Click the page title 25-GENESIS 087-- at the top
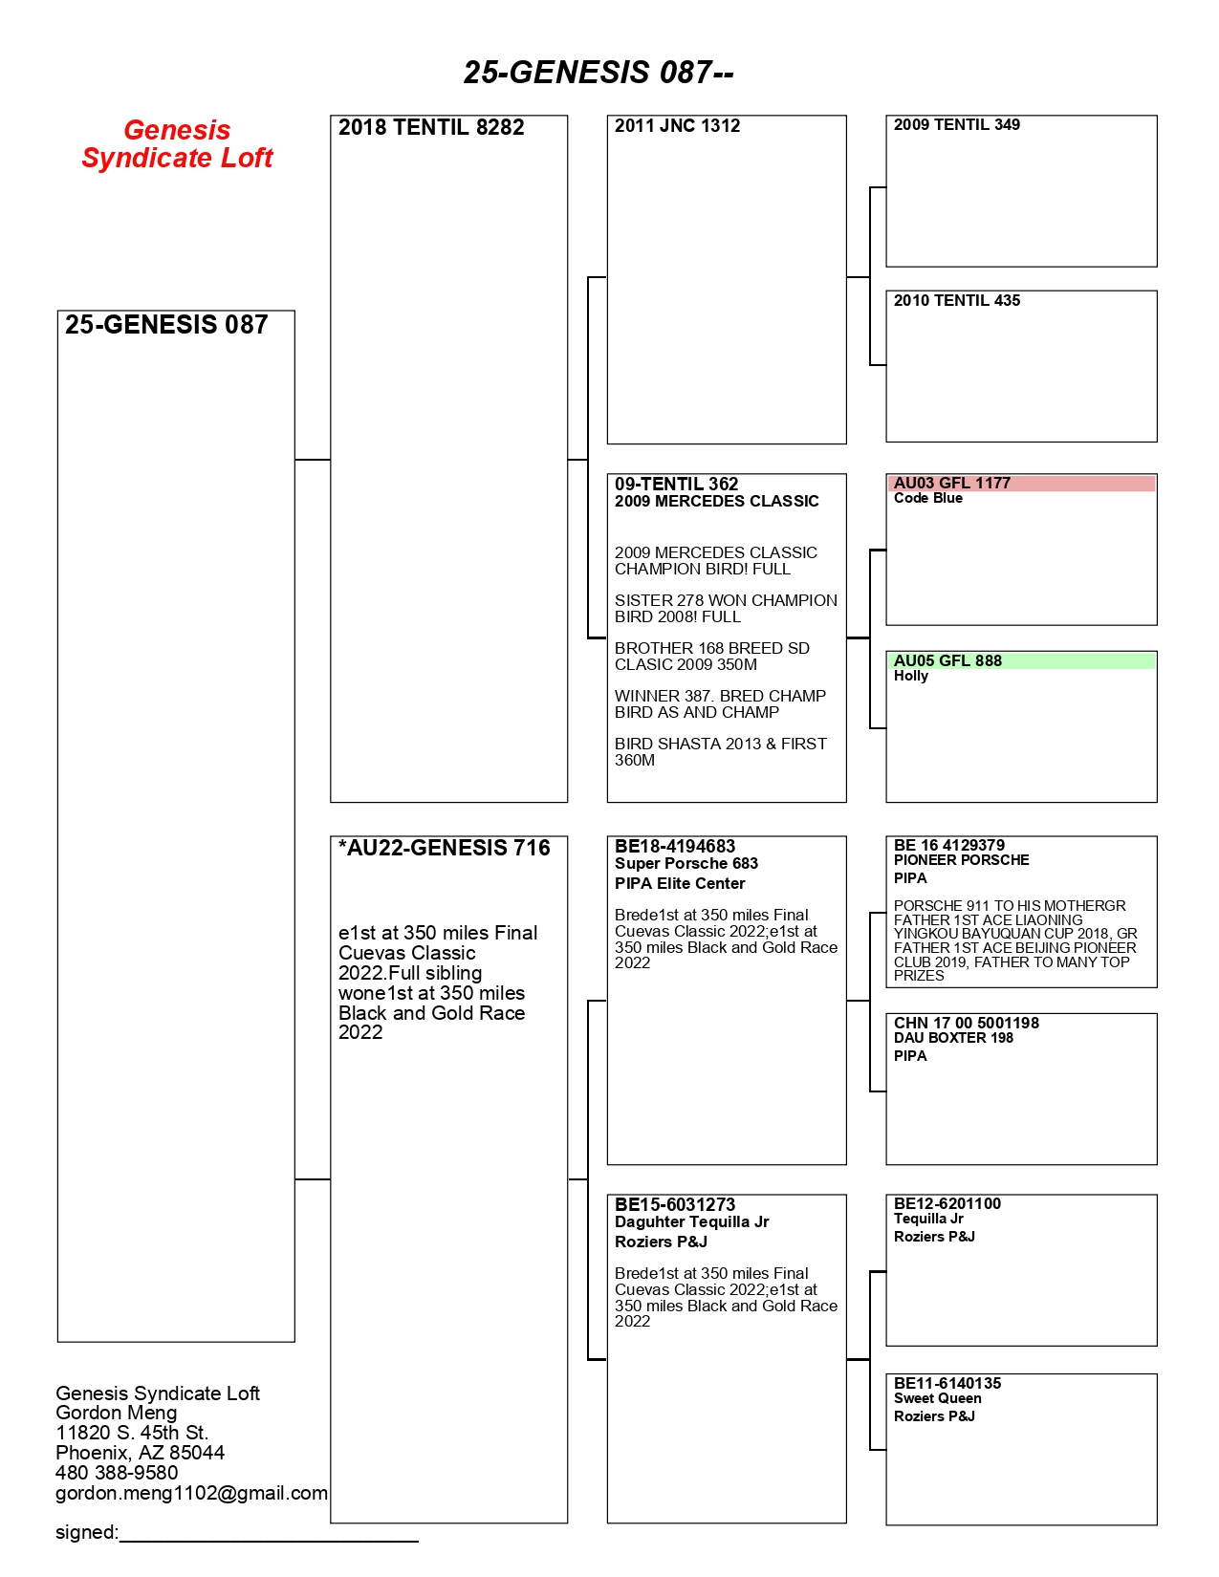click(x=599, y=73)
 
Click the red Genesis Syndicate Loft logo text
click(x=177, y=144)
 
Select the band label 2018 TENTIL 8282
click(x=431, y=128)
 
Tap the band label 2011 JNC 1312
click(x=677, y=126)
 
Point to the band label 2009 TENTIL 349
click(x=956, y=125)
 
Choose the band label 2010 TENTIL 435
click(x=956, y=301)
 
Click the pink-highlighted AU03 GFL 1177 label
click(x=951, y=484)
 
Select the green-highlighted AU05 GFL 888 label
click(x=947, y=661)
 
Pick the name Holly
click(x=910, y=677)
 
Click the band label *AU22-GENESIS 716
click(x=444, y=849)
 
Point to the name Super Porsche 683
click(x=686, y=864)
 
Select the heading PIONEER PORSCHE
click(x=961, y=860)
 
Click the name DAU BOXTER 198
click(x=952, y=1038)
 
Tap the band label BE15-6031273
click(x=674, y=1205)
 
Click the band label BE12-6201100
click(x=947, y=1204)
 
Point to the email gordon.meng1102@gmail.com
click(x=191, y=1494)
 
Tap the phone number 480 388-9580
click(x=117, y=1474)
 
